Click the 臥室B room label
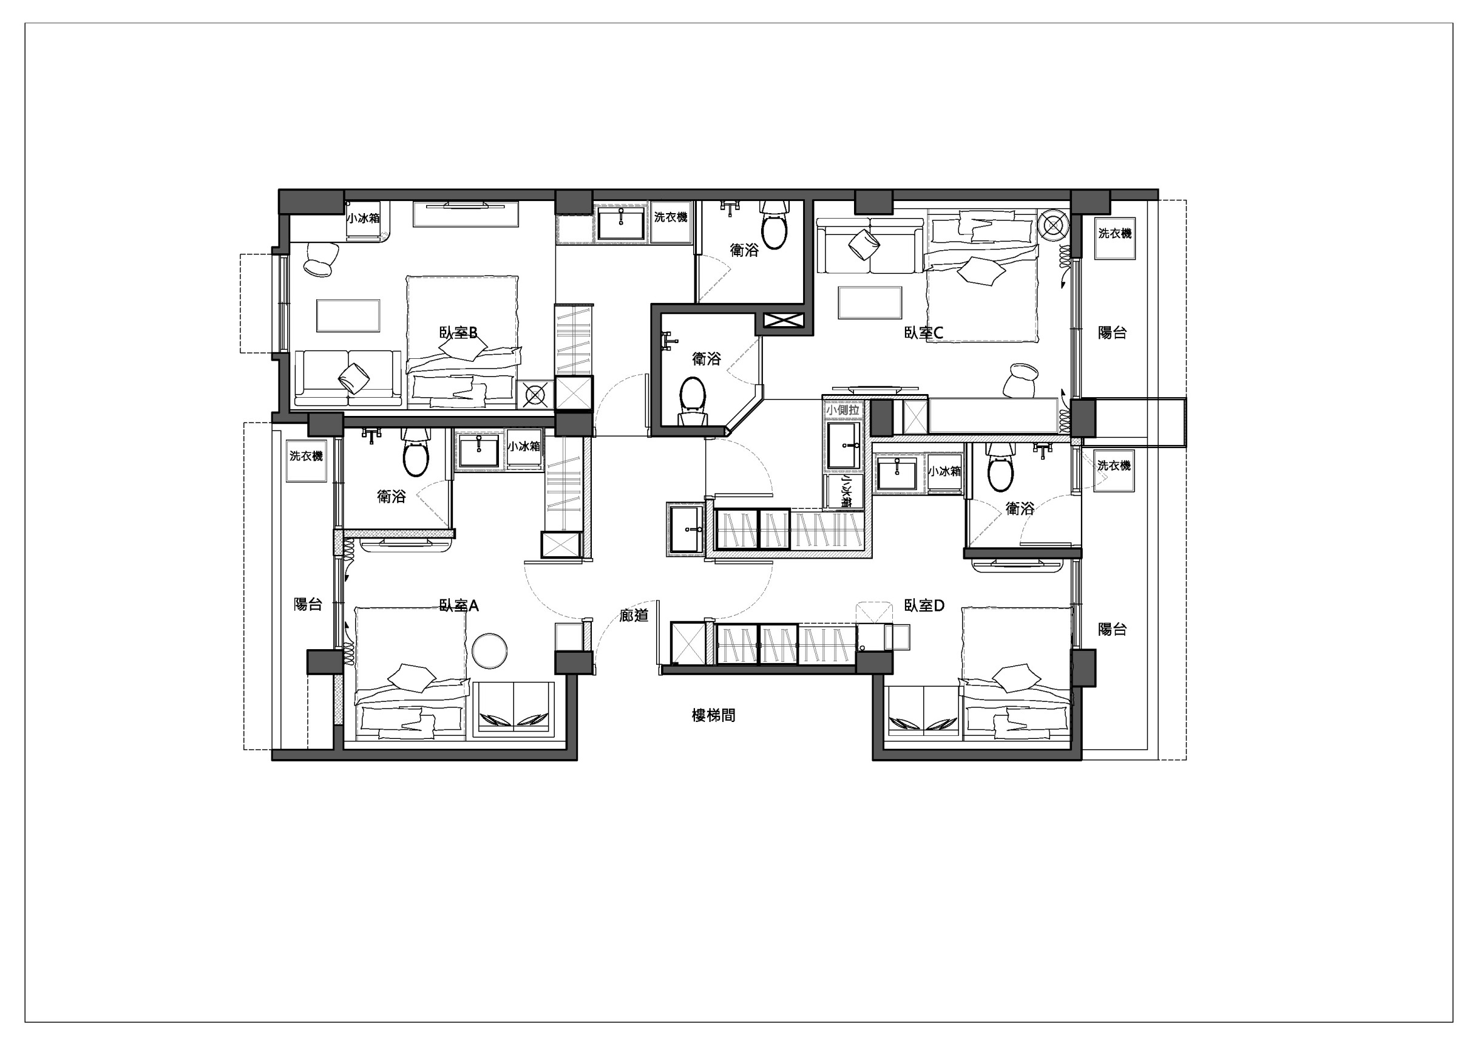[458, 333]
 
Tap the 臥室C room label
[923, 333]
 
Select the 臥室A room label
[458, 606]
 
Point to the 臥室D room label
[924, 606]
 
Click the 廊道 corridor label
[634, 616]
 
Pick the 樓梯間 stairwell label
[713, 715]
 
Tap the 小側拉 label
[842, 410]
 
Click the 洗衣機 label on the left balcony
[306, 457]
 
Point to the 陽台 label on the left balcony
[308, 605]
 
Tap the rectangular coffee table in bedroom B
[348, 316]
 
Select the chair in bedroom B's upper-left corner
[320, 259]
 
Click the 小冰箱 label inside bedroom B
[363, 218]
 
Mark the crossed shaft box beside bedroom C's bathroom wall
[783, 320]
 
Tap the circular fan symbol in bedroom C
[1053, 226]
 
